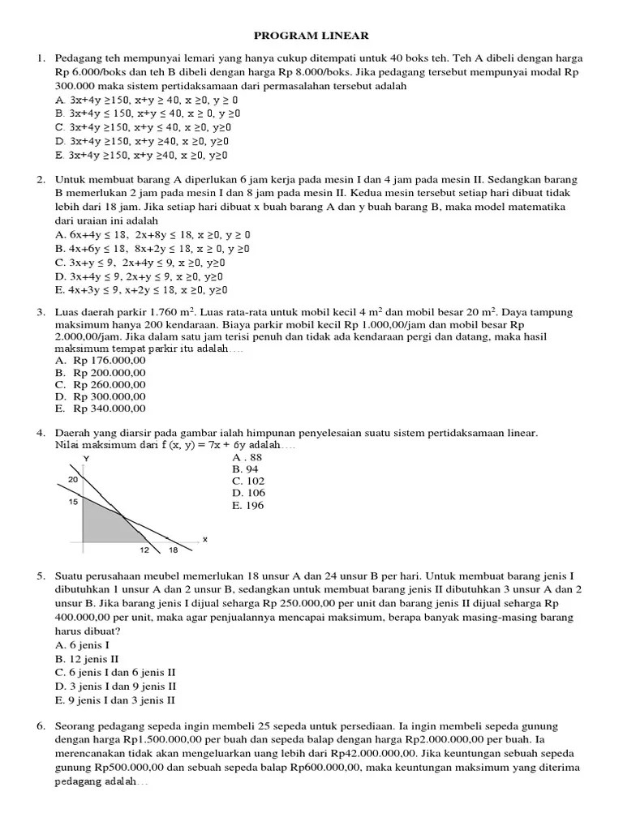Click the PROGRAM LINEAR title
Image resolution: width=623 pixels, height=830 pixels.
pos(311,36)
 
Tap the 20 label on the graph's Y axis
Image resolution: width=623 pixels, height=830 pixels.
pos(73,480)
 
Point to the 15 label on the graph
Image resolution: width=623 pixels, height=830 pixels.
pos(73,502)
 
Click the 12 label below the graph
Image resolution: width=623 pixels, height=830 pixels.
pos(145,550)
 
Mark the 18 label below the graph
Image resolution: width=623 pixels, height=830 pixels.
pos(173,550)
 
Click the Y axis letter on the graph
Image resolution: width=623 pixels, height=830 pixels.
pos(86,460)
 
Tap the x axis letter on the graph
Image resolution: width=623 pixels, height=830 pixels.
pos(204,538)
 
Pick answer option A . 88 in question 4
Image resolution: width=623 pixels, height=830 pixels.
pos(247,456)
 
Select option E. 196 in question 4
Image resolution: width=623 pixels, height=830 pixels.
pos(247,506)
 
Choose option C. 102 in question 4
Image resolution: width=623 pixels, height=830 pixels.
pos(248,481)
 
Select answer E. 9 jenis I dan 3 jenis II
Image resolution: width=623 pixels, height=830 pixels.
pos(115,700)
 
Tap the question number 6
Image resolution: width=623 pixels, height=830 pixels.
pos(41,726)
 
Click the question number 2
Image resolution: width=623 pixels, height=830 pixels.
pos(41,180)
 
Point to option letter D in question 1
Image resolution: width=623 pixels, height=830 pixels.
pos(59,141)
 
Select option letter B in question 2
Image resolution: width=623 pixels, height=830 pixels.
pos(59,248)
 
